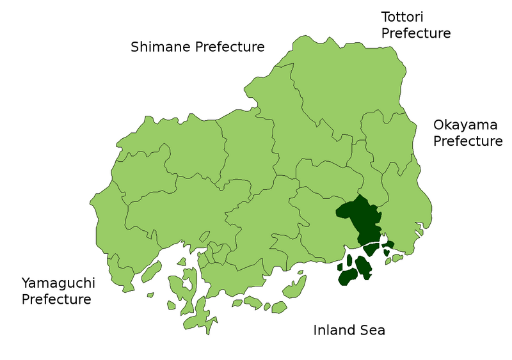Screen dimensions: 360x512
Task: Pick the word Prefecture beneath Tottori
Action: [x=416, y=33]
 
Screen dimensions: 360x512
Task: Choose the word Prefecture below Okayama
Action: [x=468, y=141]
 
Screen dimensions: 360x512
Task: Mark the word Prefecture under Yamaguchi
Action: [x=56, y=299]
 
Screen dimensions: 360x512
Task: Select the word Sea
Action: [x=374, y=330]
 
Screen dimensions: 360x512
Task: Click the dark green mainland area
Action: [x=360, y=221]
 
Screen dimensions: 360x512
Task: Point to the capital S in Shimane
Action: [x=135, y=47]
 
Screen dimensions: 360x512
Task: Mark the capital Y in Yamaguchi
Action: [x=26, y=283]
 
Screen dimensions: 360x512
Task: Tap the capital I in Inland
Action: [x=315, y=330]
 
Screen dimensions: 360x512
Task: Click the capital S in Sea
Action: [x=365, y=330]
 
